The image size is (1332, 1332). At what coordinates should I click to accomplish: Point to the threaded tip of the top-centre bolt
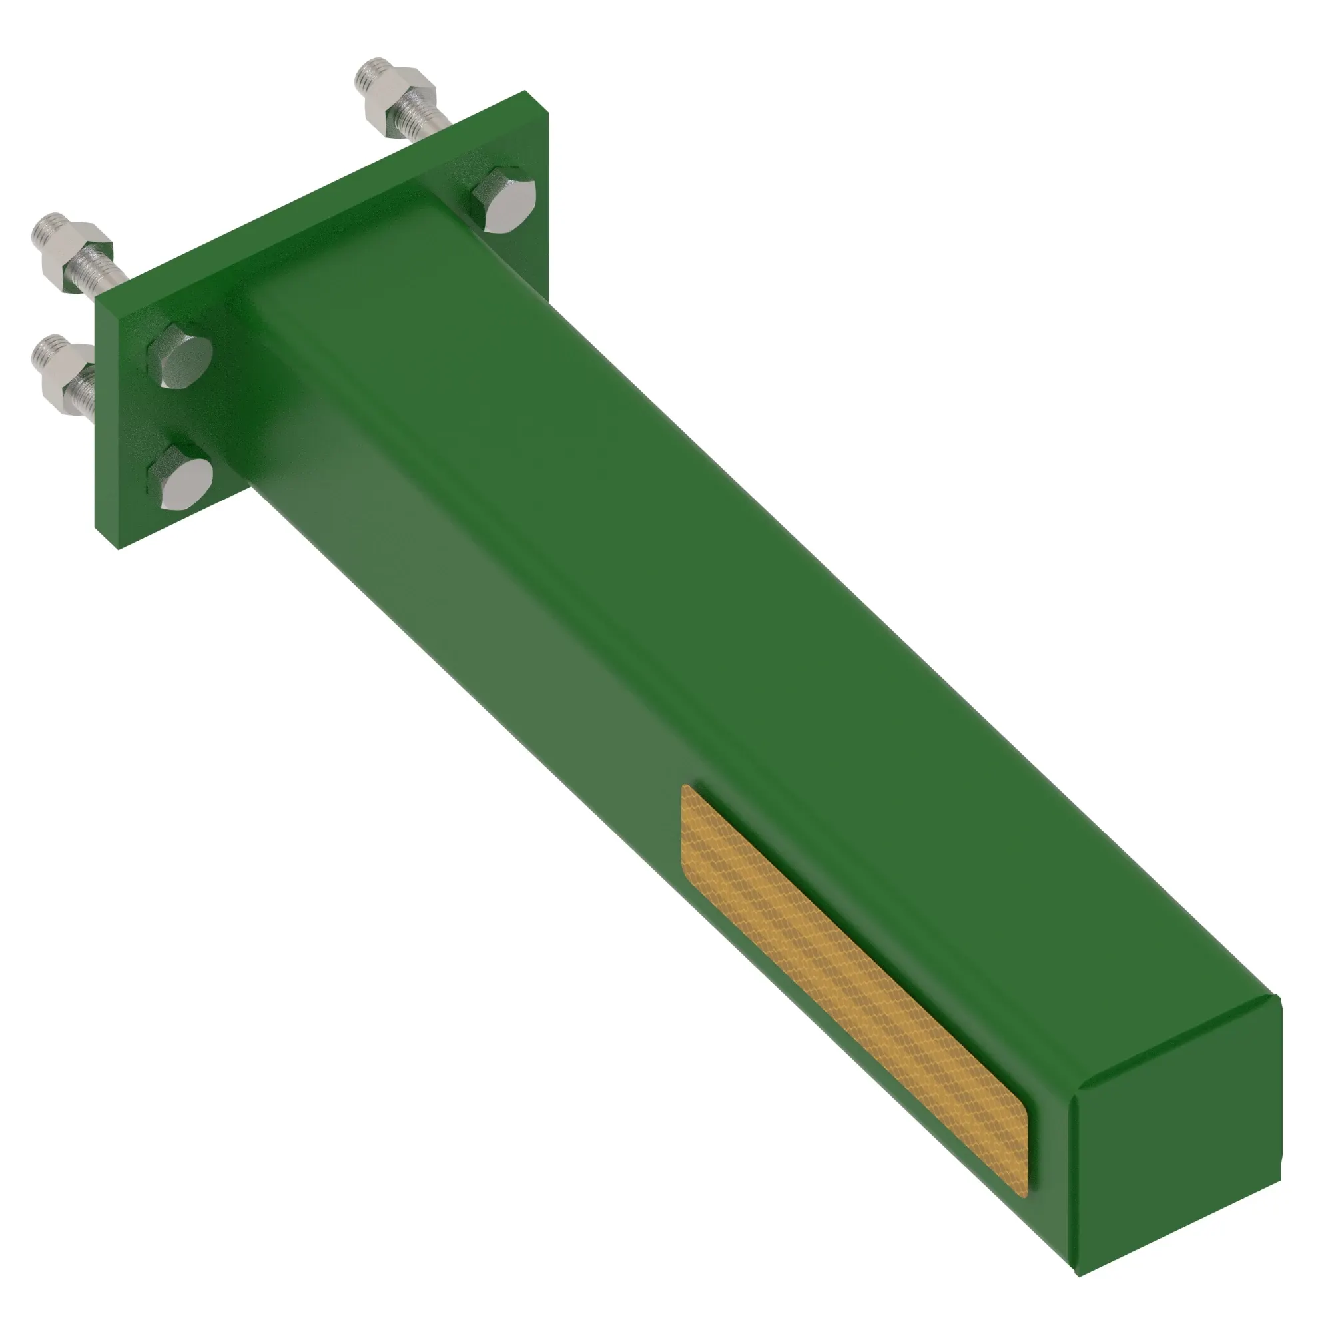[370, 72]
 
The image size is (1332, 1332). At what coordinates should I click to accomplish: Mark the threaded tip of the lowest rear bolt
[48, 348]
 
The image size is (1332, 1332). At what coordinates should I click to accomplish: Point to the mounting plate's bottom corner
[119, 547]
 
